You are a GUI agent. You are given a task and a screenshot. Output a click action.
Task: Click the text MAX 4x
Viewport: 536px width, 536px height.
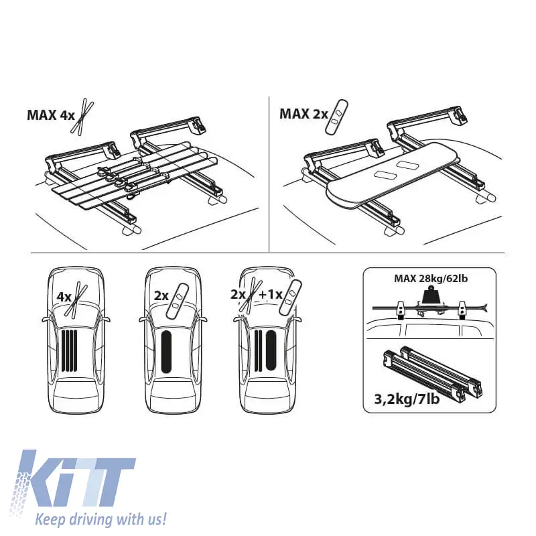(x=51, y=115)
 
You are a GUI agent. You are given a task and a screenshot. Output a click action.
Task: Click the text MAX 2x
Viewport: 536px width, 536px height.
(x=304, y=114)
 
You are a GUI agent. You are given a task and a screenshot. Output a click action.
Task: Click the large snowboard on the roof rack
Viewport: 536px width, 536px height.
(x=390, y=174)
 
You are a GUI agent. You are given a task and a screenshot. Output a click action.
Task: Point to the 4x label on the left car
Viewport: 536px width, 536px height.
(x=64, y=297)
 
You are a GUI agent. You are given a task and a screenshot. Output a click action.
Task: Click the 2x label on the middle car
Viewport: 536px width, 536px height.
(x=161, y=295)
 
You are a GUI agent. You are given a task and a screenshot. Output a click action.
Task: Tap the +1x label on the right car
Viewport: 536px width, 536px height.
(x=271, y=294)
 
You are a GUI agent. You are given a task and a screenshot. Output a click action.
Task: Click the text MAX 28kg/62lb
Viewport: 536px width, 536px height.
(x=431, y=278)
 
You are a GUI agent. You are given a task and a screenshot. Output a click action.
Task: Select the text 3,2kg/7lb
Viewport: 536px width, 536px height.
(x=407, y=399)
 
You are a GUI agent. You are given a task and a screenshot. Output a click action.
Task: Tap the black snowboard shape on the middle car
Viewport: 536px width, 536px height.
(x=166, y=352)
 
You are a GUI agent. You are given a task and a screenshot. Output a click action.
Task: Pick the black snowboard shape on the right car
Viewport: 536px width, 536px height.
(x=271, y=350)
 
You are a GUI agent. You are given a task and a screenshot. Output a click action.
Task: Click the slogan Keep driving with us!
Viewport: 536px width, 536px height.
(x=101, y=519)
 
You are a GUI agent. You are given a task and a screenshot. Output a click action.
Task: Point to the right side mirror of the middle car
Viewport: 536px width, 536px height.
(x=204, y=320)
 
